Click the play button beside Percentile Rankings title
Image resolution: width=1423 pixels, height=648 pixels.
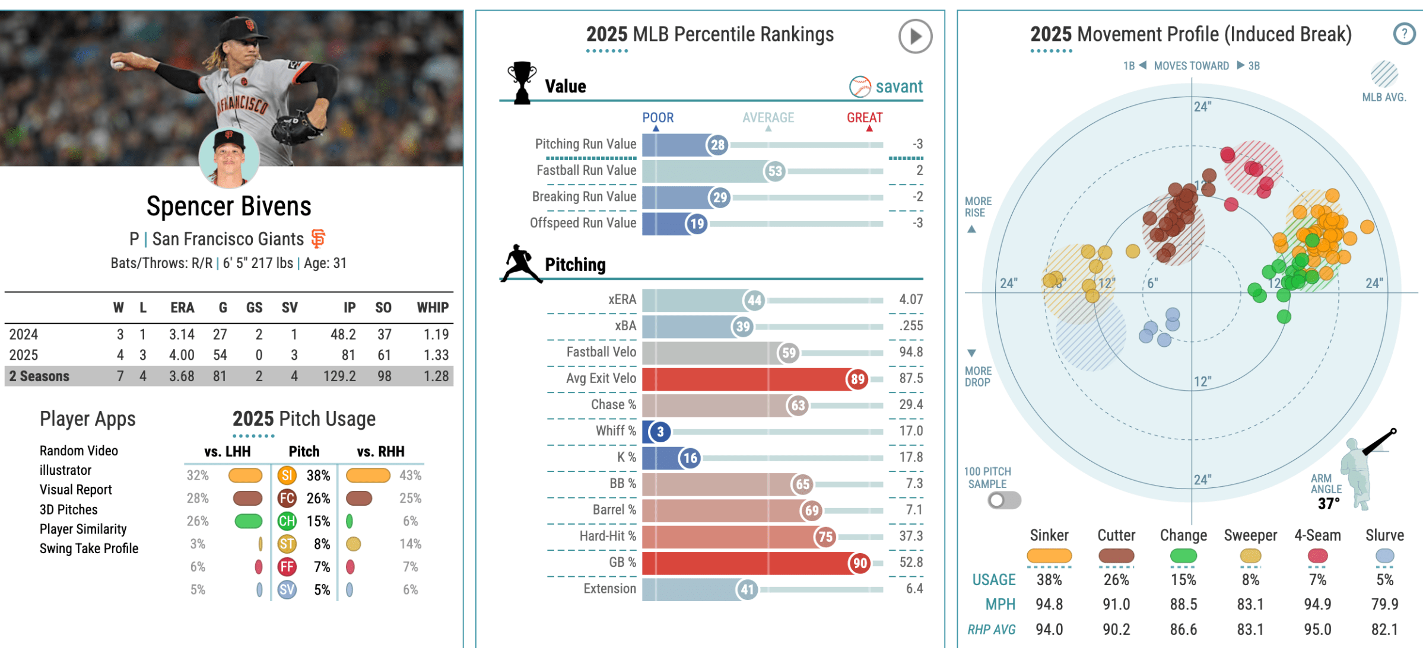coord(914,36)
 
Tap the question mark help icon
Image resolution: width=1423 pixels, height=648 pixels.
coord(1403,34)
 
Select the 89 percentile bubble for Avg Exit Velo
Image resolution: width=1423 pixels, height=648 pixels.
coord(857,379)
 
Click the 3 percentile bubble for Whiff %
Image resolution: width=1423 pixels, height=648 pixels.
coord(660,432)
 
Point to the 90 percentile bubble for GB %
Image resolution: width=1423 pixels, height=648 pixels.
coord(860,563)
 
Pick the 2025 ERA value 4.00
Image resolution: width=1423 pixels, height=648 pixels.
coord(182,355)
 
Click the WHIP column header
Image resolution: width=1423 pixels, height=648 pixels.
coord(432,308)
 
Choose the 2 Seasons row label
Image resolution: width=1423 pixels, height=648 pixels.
coord(39,376)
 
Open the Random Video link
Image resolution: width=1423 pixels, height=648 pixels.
coord(79,451)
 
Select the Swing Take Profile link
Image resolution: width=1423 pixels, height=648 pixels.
coord(89,548)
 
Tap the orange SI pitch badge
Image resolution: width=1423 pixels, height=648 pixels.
coord(287,475)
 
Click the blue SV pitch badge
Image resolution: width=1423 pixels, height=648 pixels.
coord(287,590)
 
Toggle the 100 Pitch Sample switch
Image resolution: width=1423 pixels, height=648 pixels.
coord(1004,500)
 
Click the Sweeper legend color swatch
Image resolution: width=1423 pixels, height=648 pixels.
coord(1250,556)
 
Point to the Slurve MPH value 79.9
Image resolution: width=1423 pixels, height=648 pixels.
coord(1384,604)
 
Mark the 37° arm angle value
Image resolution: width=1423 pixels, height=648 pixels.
coord(1328,504)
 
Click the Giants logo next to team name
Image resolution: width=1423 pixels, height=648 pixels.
coord(318,239)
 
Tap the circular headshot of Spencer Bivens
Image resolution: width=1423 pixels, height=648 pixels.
coord(229,158)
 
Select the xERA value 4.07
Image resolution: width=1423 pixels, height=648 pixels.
coord(910,299)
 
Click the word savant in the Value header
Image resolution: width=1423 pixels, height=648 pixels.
coord(898,87)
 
